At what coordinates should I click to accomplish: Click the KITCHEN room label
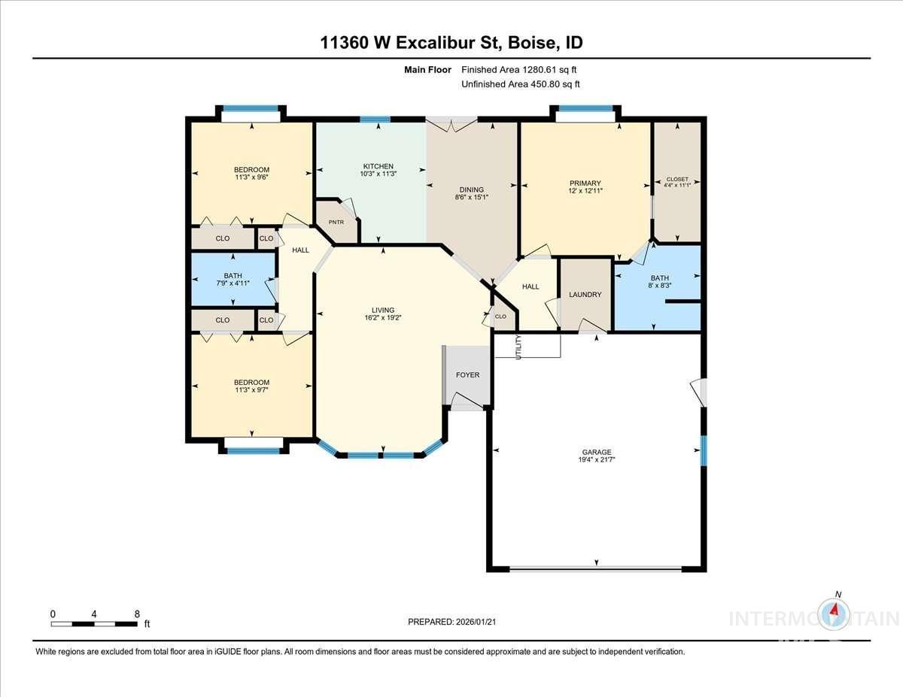click(x=378, y=166)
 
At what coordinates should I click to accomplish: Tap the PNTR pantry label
click(x=336, y=223)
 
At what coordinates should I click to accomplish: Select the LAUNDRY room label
click(x=585, y=295)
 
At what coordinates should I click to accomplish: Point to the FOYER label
click(x=467, y=375)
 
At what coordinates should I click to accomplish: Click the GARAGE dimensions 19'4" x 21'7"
click(x=595, y=460)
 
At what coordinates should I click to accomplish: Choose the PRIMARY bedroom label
click(x=585, y=183)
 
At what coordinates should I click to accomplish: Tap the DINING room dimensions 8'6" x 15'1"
click(x=472, y=198)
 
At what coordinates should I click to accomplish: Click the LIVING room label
click(x=382, y=310)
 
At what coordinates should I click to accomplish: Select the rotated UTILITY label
click(x=518, y=347)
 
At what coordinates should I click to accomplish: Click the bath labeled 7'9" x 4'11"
click(x=233, y=283)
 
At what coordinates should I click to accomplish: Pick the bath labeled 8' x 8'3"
click(x=659, y=286)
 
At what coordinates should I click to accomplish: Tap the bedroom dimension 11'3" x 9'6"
click(x=251, y=178)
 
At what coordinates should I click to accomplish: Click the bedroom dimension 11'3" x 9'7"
click(x=251, y=391)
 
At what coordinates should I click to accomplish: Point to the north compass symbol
click(x=835, y=614)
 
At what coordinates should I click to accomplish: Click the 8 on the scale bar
click(x=137, y=614)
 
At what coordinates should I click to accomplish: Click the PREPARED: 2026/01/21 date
click(x=452, y=622)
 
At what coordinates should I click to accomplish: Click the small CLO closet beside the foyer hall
click(x=500, y=317)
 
